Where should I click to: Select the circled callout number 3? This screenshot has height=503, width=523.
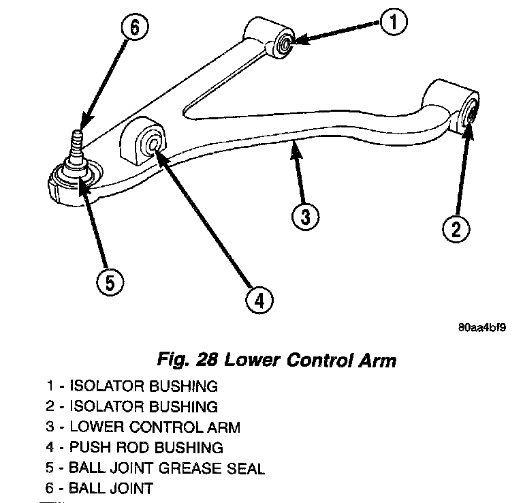pos(306,217)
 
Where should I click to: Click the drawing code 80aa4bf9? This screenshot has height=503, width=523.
pos(481,327)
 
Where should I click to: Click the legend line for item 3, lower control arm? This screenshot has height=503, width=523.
pos(144,427)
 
